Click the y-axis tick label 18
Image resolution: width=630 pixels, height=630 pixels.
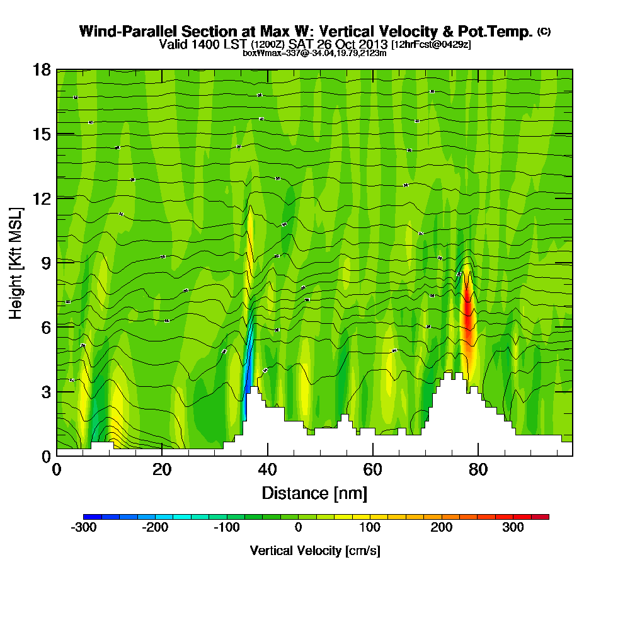[x=42, y=69]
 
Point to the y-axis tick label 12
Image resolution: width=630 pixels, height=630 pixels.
[x=42, y=198]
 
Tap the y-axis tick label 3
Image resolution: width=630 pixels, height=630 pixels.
[x=46, y=391]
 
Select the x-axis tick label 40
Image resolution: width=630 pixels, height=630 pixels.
[x=268, y=470]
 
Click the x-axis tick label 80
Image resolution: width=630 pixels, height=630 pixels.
[x=479, y=470]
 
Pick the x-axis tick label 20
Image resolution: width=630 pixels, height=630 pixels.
[x=162, y=470]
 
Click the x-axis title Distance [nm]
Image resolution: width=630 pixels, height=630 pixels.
[x=314, y=493]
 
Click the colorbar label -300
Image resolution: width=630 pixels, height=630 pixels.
[x=84, y=527]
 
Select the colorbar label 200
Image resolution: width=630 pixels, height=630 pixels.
[x=442, y=527]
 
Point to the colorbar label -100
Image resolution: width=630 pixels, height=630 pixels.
[x=227, y=527]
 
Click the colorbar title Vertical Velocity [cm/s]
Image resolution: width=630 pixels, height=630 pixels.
[x=315, y=551]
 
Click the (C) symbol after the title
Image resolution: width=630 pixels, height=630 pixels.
[x=544, y=31]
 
